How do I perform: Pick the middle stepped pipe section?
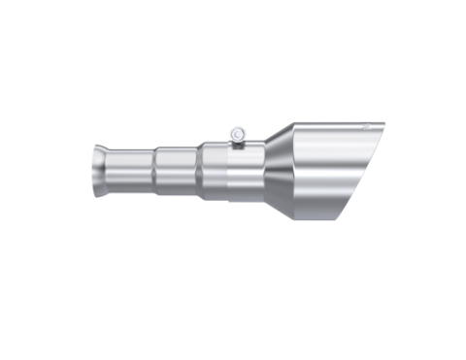[x=179, y=171]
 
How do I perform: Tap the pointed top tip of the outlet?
[x=384, y=123]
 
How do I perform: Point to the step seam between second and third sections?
[x=201, y=171]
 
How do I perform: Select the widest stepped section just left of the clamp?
[x=216, y=171]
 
